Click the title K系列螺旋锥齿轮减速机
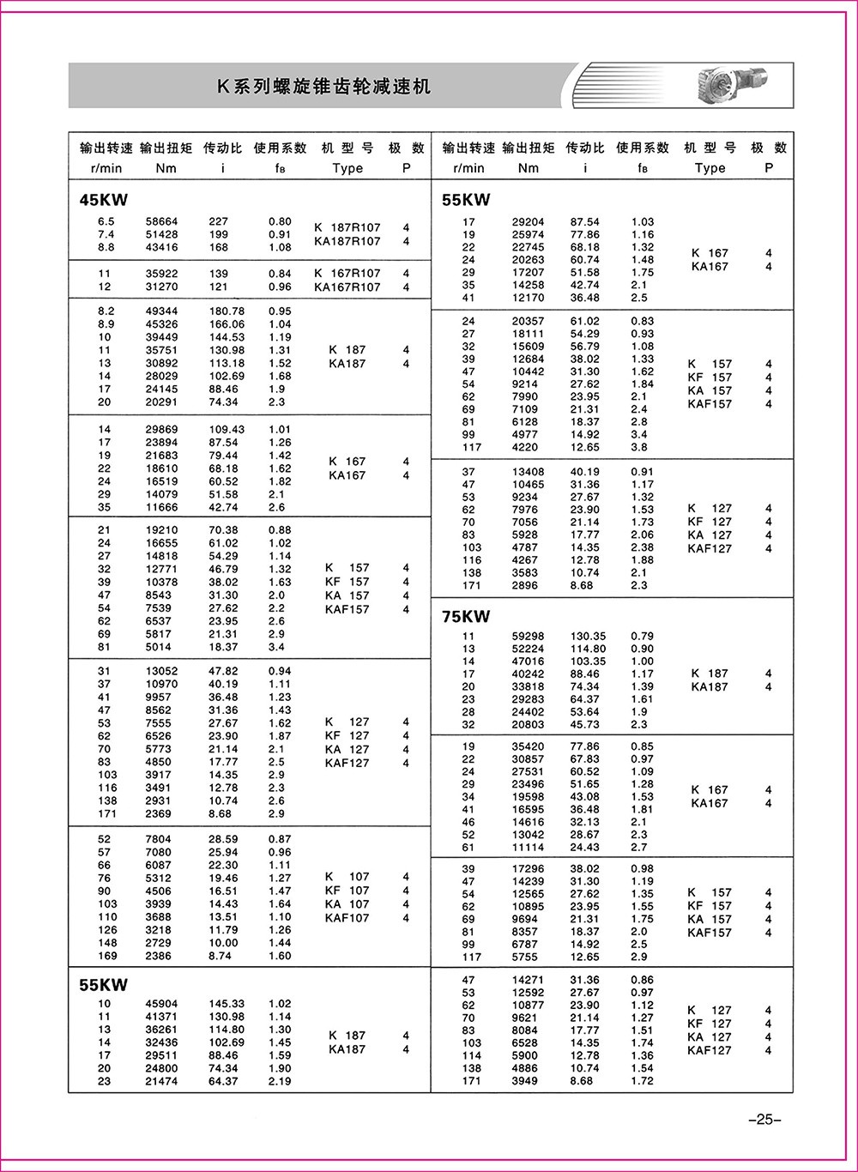tap(323, 87)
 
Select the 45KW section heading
tap(103, 201)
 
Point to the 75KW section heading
tap(466, 616)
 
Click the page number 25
tap(764, 1119)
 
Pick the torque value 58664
tap(162, 221)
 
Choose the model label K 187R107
tap(347, 227)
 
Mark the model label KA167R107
tap(347, 287)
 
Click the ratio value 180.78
tap(227, 311)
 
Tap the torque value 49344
tap(162, 311)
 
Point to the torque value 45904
tap(162, 1004)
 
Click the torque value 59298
tap(529, 637)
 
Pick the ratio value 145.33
tap(227, 1004)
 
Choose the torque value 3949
tap(526, 1081)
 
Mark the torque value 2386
tap(159, 956)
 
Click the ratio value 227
tap(219, 221)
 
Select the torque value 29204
tap(529, 222)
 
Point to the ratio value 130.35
tap(588, 637)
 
